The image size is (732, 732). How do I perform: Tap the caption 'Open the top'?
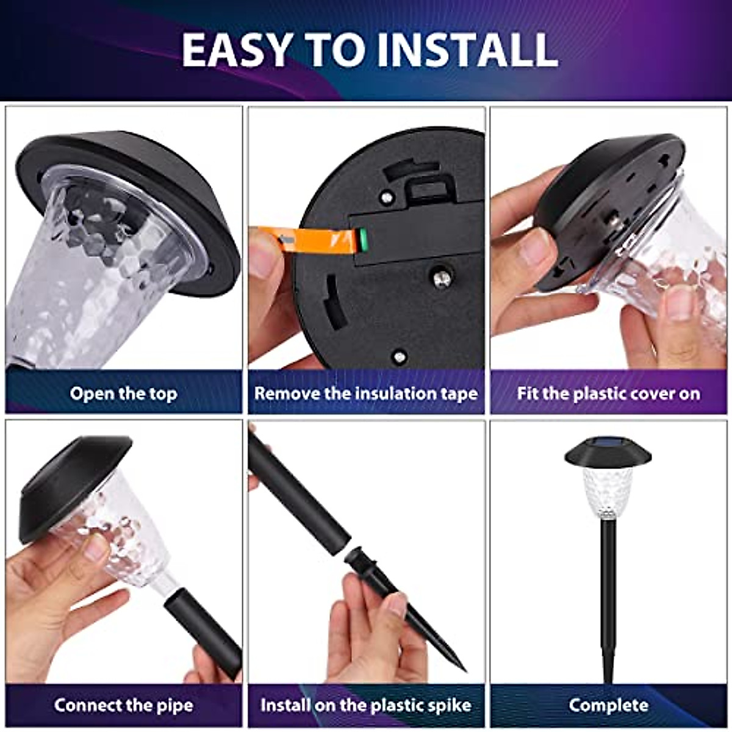(123, 393)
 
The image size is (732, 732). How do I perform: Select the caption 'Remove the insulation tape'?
(366, 393)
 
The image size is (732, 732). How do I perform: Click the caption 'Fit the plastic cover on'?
(608, 393)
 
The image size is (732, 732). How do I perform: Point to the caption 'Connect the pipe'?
(123, 705)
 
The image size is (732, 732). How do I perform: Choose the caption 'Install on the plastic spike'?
(366, 705)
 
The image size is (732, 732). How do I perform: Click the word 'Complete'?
(608, 705)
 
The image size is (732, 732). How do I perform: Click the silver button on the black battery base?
(442, 279)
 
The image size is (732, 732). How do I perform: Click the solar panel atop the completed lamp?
(608, 444)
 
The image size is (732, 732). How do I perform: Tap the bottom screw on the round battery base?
(399, 356)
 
